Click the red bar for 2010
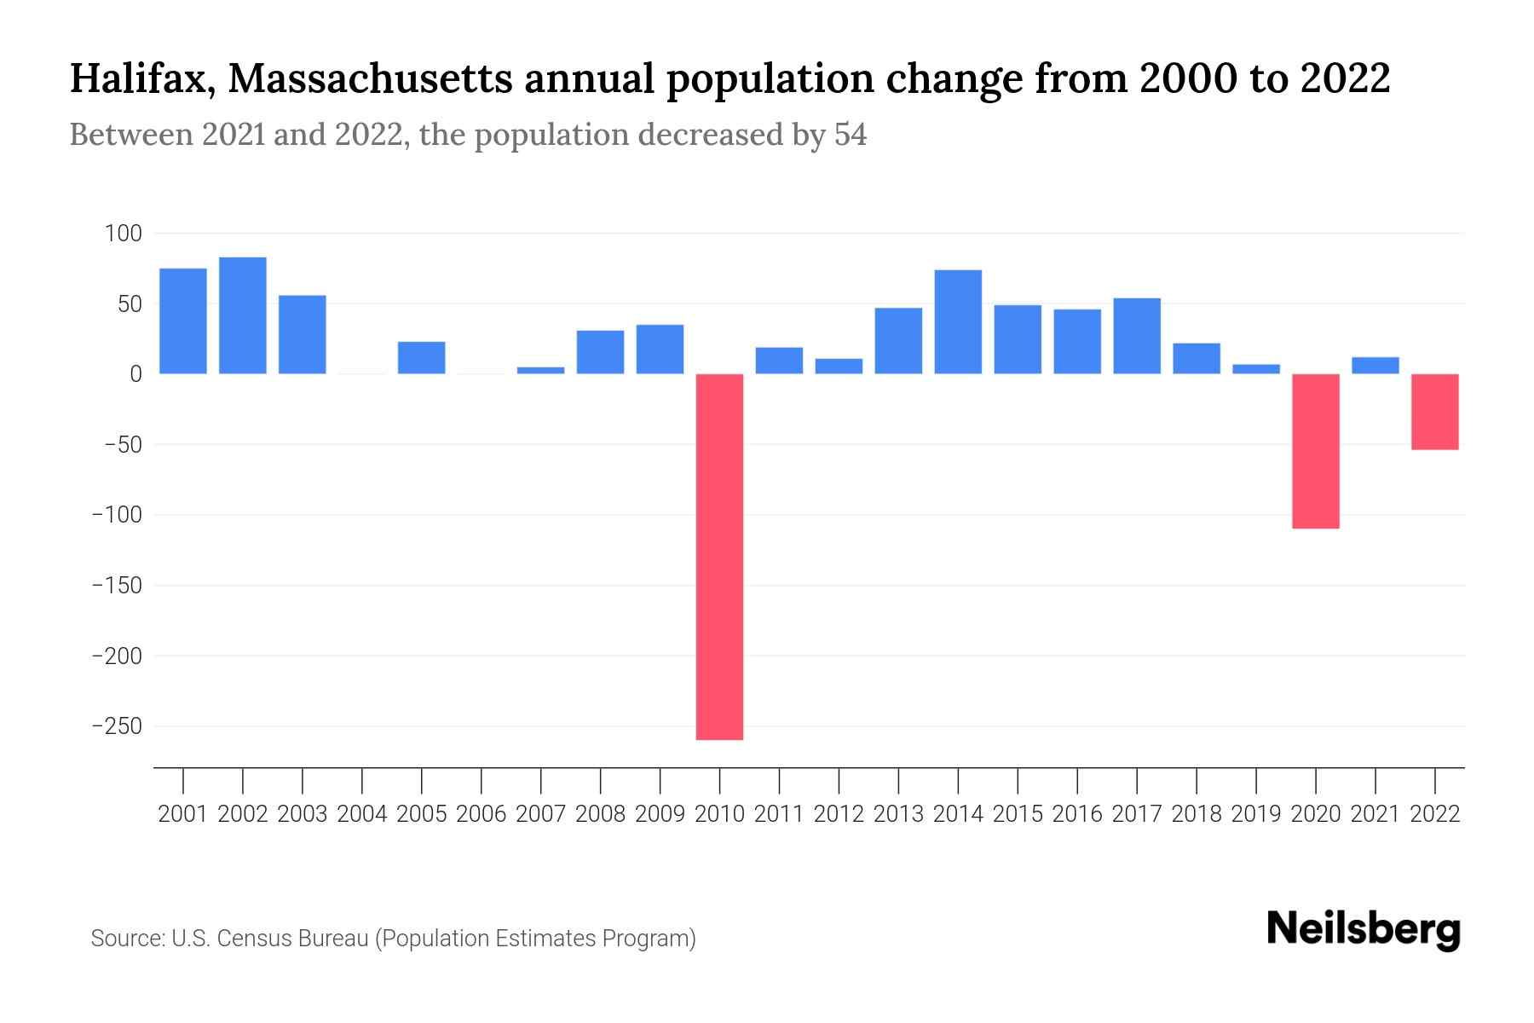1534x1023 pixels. [x=719, y=556]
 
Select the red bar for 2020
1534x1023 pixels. [x=1315, y=451]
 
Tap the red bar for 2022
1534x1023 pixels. [x=1434, y=412]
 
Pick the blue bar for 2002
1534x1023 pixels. [x=243, y=315]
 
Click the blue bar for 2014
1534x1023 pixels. [x=958, y=321]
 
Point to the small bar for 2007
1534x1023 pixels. [x=540, y=370]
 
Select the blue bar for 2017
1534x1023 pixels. [x=1136, y=336]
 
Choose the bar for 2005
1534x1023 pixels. [x=421, y=358]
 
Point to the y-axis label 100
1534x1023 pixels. [x=123, y=233]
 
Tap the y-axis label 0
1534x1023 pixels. [x=135, y=374]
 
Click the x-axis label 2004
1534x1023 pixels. [x=362, y=814]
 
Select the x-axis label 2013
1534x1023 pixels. [x=898, y=814]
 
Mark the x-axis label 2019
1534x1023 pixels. [x=1255, y=814]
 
